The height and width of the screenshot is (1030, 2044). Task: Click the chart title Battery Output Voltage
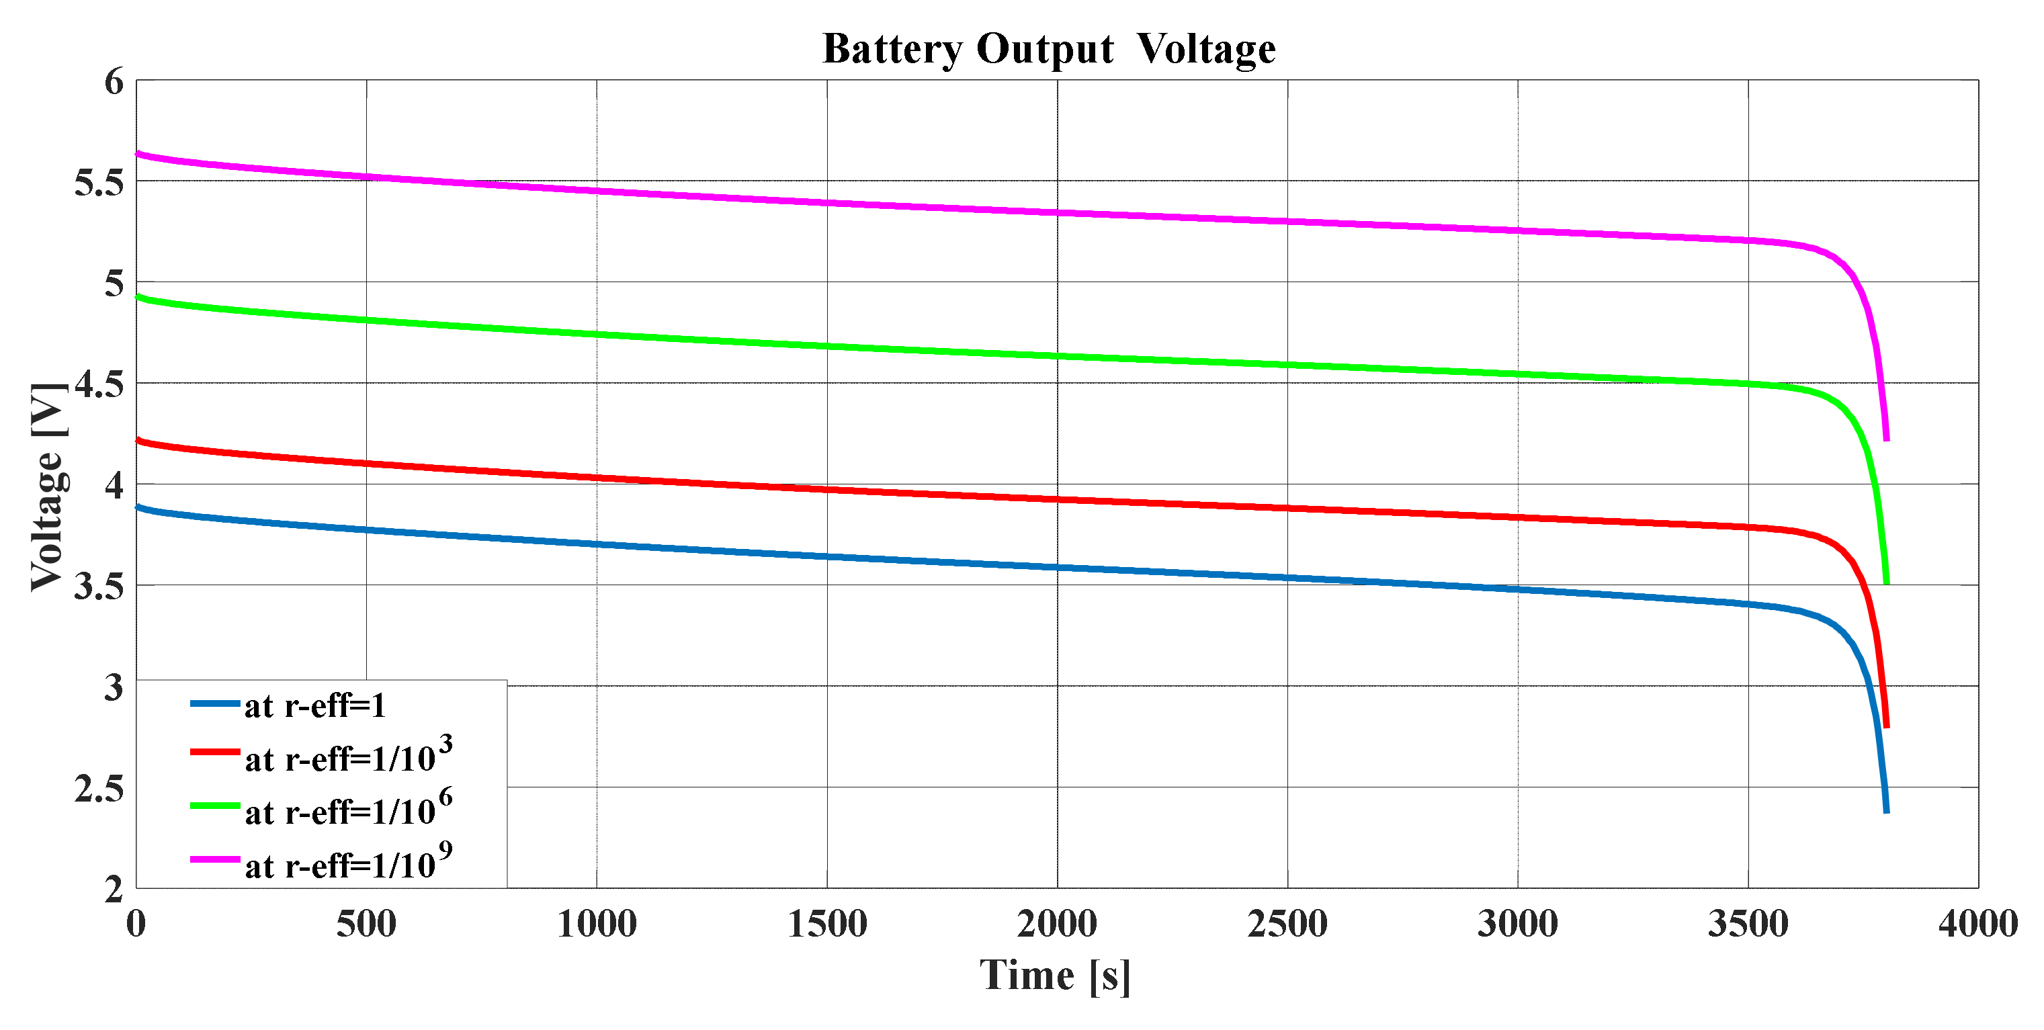pos(1048,49)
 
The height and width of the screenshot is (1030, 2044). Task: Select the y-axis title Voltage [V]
pos(48,487)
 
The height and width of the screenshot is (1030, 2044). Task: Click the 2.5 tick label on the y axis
pos(99,789)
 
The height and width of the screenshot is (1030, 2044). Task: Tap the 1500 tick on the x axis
pos(826,925)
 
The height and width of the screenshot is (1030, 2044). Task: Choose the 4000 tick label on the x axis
pos(1977,925)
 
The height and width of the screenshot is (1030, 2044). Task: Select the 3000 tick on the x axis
pos(1517,925)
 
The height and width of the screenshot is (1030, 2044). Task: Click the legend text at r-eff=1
pos(315,705)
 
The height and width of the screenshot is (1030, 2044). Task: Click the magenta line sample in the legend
pos(215,859)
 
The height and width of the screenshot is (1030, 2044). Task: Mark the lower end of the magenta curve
pos(1886,439)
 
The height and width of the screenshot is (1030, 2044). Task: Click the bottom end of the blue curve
pos(1886,811)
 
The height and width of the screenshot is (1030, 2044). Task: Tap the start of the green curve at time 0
pos(138,297)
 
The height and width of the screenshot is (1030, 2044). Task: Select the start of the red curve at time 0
pos(138,439)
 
